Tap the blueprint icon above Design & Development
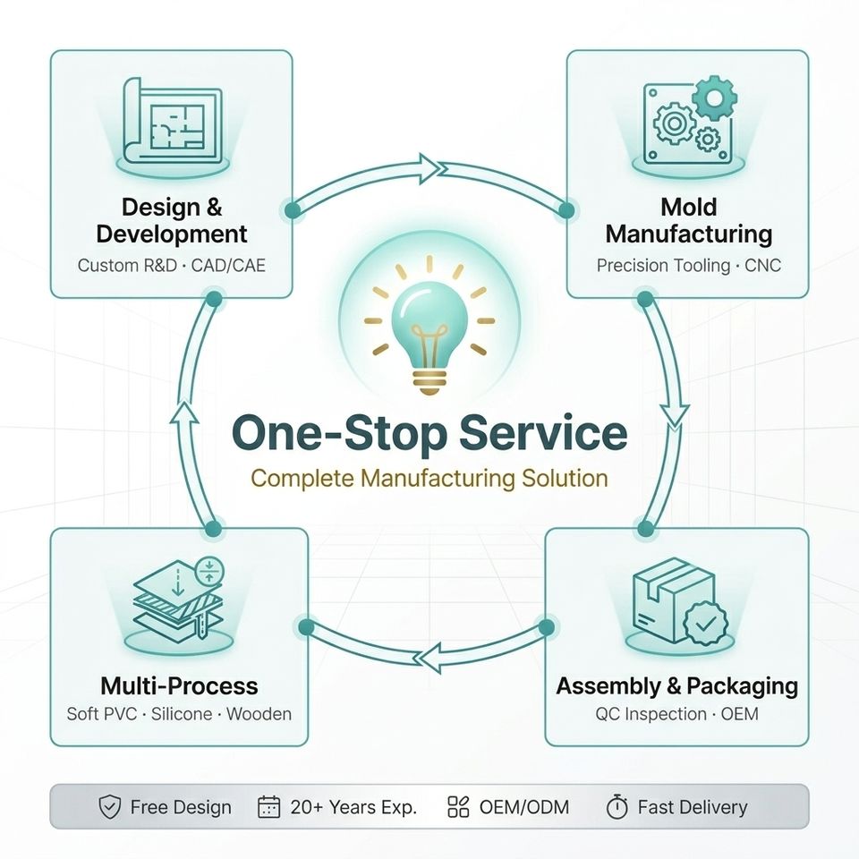coord(172,122)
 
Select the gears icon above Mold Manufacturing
coord(689,120)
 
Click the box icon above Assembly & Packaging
coord(680,601)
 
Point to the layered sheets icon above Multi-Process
coord(179,599)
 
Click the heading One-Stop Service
coord(429,433)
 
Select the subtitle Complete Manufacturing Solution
coord(429,479)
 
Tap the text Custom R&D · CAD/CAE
coord(172,266)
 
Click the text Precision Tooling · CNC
coord(689,266)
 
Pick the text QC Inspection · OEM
coord(677,714)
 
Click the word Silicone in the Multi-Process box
coord(182,714)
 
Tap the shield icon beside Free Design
coord(109,807)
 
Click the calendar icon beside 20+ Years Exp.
coord(268,807)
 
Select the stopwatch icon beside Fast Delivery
coord(617,807)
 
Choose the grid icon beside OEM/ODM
coord(458,807)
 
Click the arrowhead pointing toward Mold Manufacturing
coord(429,167)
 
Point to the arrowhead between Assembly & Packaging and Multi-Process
coord(430,657)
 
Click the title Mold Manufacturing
coord(689,221)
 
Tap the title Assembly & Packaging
coord(677,686)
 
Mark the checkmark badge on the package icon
coord(706,623)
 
